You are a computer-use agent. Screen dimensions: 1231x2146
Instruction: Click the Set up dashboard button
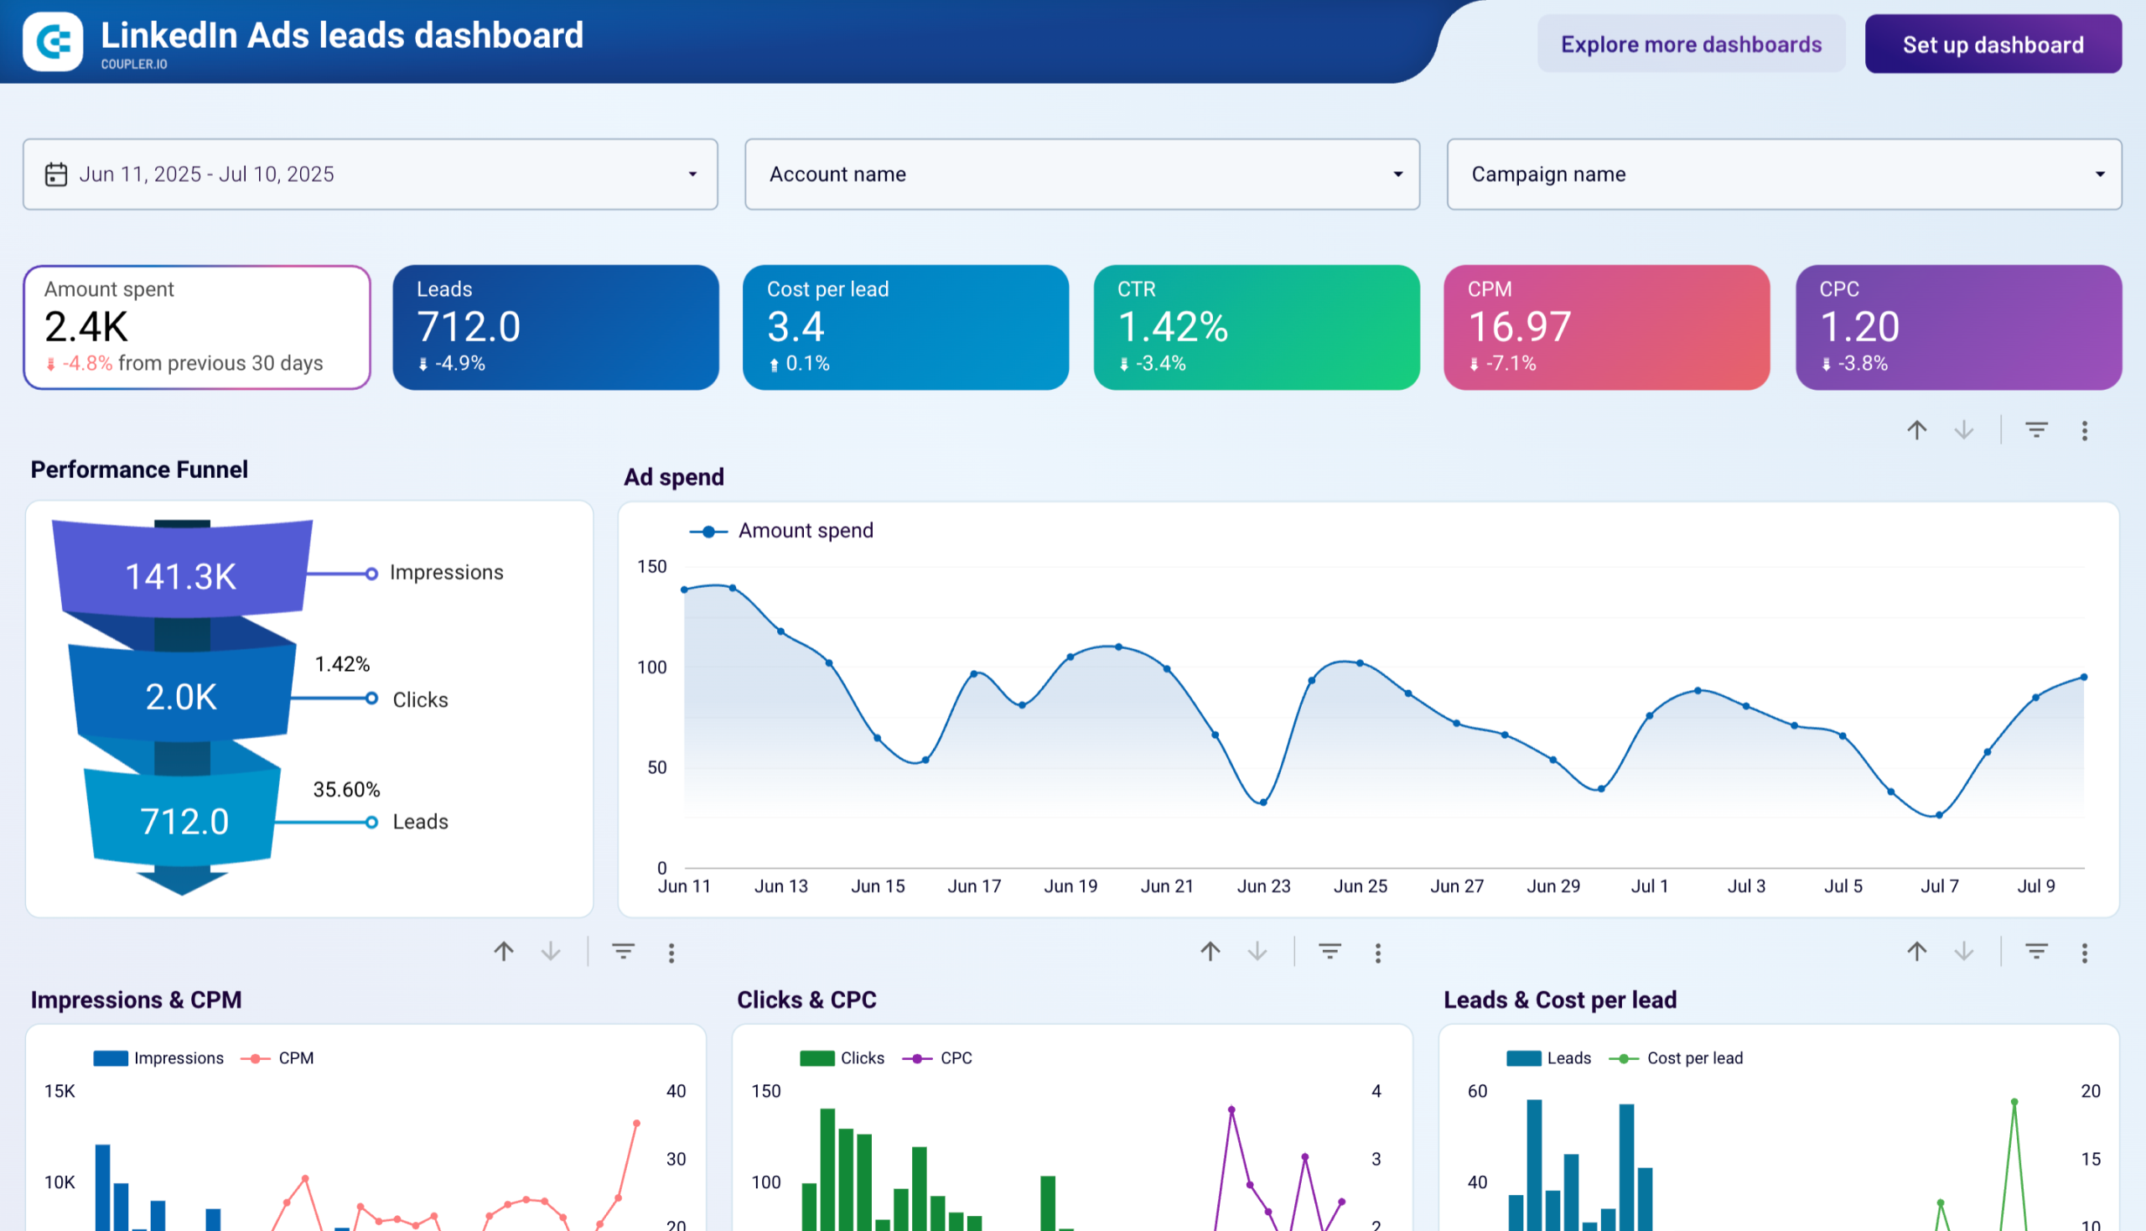[x=1992, y=44]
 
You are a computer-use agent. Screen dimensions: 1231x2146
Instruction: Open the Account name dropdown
[x=1081, y=174]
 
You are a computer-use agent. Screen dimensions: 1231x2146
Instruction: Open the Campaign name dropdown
[x=1782, y=174]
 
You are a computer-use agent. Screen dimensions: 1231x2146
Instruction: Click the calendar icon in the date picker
[x=56, y=174]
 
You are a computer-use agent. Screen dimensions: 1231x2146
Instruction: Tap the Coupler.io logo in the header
[x=53, y=40]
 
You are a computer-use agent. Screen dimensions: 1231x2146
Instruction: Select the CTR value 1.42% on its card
[x=1171, y=327]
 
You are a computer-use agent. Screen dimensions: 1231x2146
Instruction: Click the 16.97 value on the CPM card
[x=1519, y=327]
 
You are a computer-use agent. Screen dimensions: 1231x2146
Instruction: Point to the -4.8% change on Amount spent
[x=86, y=364]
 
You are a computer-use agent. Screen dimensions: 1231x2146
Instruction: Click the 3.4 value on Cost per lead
[x=795, y=327]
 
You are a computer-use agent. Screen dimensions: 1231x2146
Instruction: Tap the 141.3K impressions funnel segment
[x=181, y=577]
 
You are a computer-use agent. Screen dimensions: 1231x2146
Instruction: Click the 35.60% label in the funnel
[x=345, y=790]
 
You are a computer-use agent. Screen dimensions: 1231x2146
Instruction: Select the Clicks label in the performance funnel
[x=420, y=700]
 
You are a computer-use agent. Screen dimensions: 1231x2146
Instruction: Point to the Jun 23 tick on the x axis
[x=1262, y=886]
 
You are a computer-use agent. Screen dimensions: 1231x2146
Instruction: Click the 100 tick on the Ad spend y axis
[x=651, y=667]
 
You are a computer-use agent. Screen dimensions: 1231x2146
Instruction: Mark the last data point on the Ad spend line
[x=2083, y=678]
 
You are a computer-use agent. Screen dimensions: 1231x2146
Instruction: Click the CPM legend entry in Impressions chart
[x=295, y=1058]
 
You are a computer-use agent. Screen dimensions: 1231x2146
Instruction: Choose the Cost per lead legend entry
[x=1694, y=1058]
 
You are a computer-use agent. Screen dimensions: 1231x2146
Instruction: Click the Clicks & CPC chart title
[x=806, y=1000]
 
